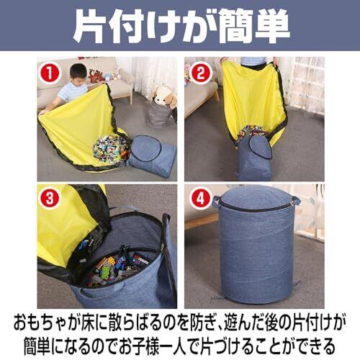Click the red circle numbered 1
point(49,73)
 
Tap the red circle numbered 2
point(200,73)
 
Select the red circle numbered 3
point(49,199)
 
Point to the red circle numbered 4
point(200,199)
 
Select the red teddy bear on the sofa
point(96,76)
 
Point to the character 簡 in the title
point(232,27)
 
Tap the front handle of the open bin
point(101,291)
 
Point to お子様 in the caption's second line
point(140,346)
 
